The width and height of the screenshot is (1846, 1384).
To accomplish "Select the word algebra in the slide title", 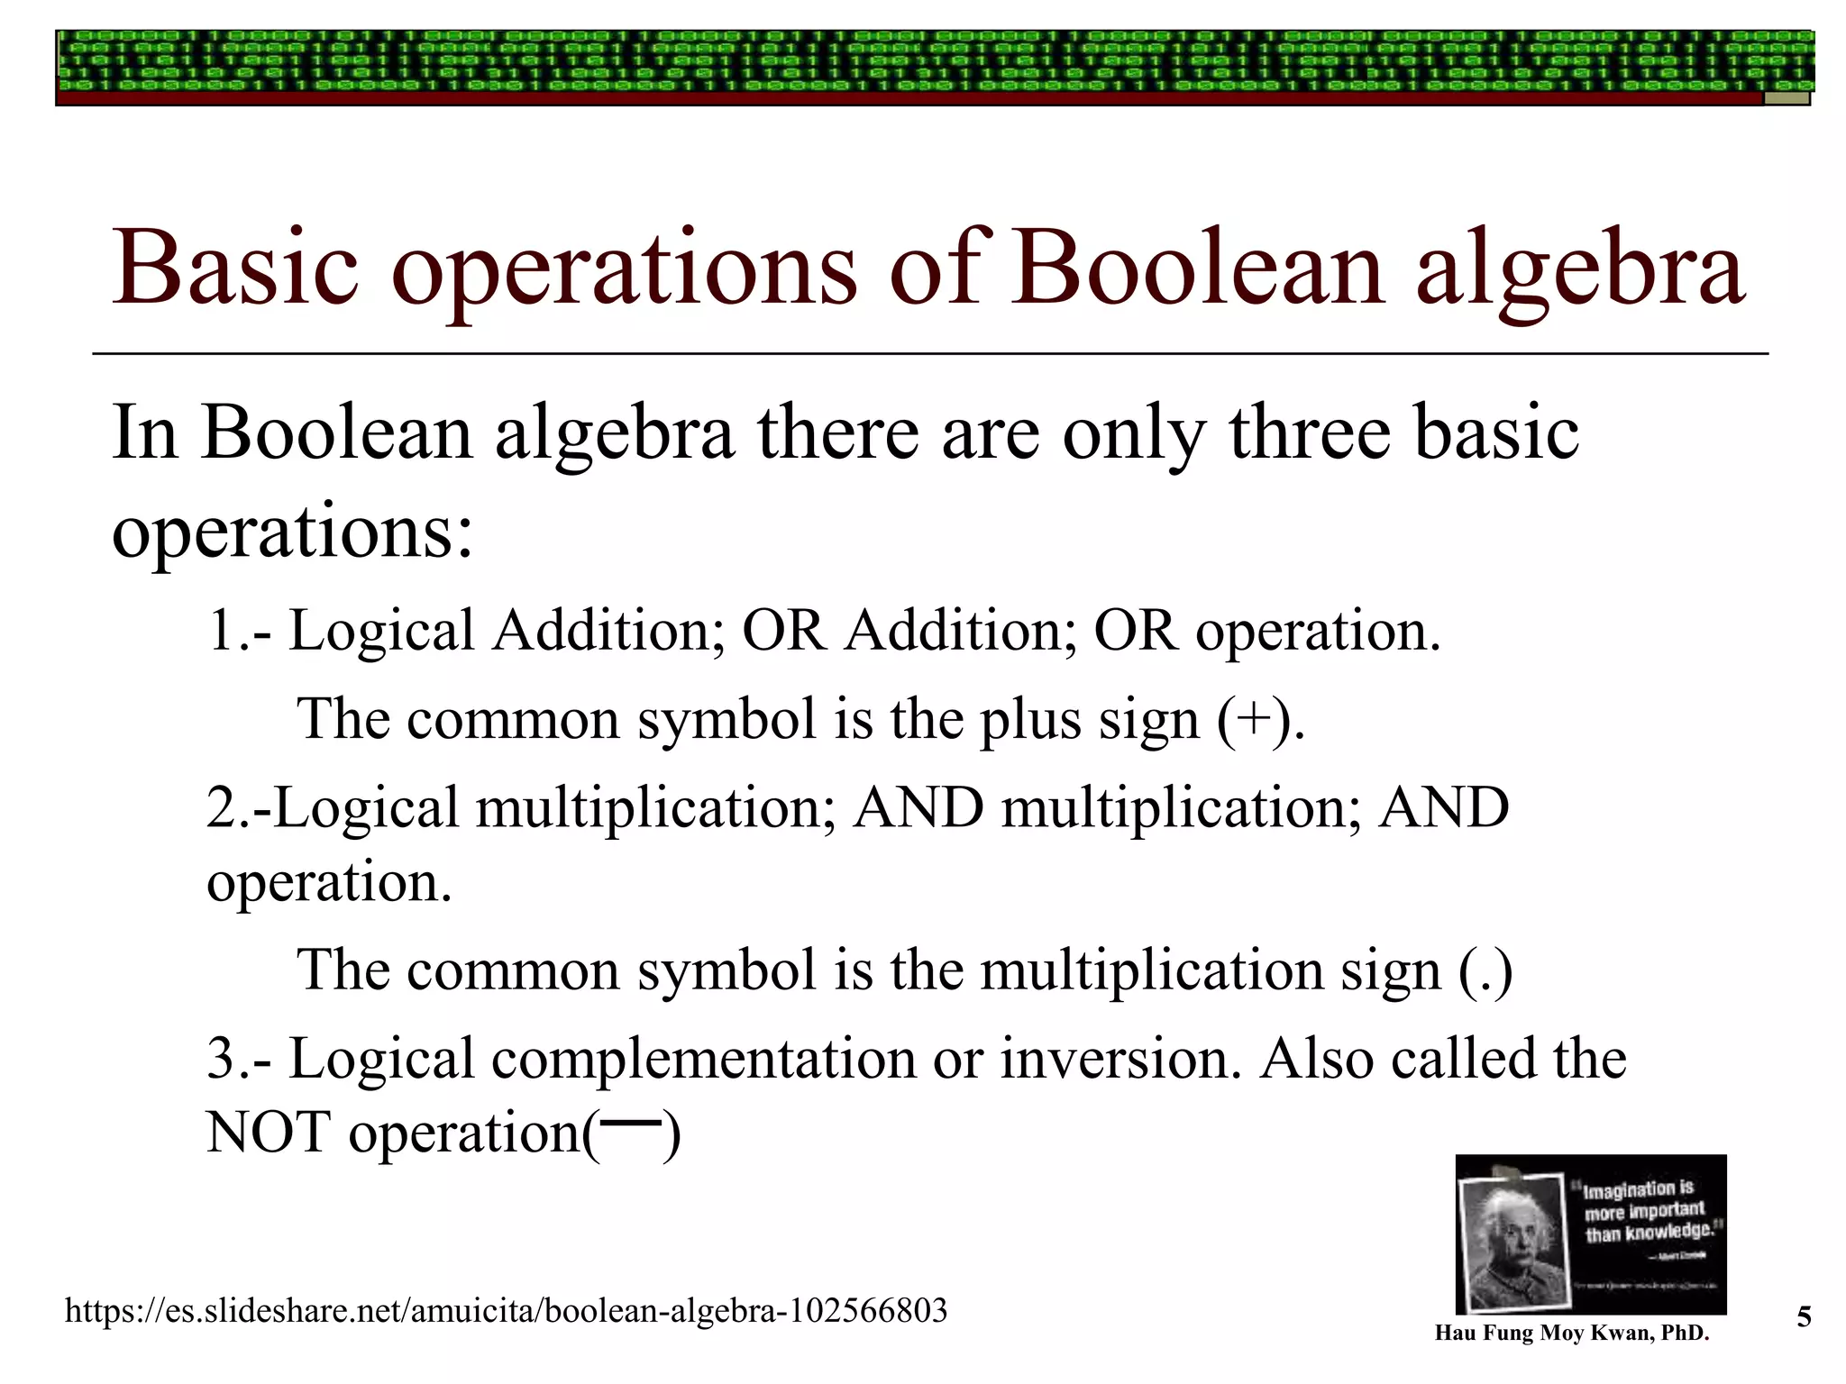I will pyautogui.click(x=1580, y=269).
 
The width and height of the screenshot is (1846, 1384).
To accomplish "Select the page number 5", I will pyautogui.click(x=1804, y=1317).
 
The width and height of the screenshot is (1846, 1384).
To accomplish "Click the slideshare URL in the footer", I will pyautogui.click(x=506, y=1310).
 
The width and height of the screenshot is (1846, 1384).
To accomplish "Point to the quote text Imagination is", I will pyautogui.click(x=1639, y=1189).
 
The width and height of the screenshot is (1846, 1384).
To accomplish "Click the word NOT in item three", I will pyautogui.click(x=269, y=1133).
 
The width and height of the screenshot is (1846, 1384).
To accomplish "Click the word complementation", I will pyautogui.click(x=703, y=1058).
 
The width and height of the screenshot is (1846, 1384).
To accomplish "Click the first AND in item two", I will pyautogui.click(x=918, y=807).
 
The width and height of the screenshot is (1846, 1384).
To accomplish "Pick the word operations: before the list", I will pyautogui.click(x=292, y=532).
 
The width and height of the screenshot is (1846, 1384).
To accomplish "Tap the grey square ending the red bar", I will pyautogui.click(x=1787, y=98).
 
